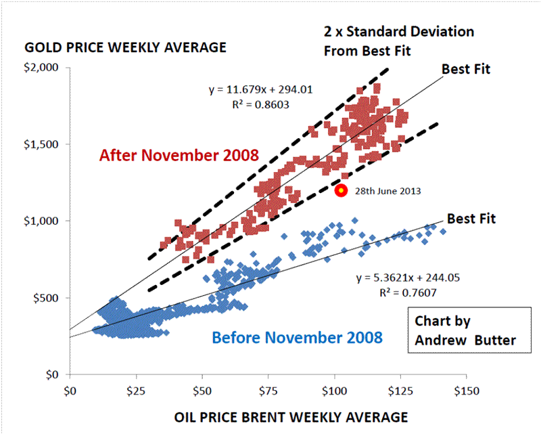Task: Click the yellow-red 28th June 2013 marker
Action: point(342,190)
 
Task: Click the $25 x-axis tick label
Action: point(136,391)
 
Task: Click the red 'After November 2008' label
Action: point(179,155)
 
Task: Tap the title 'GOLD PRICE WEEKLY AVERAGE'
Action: point(125,48)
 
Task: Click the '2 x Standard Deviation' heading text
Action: point(399,32)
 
